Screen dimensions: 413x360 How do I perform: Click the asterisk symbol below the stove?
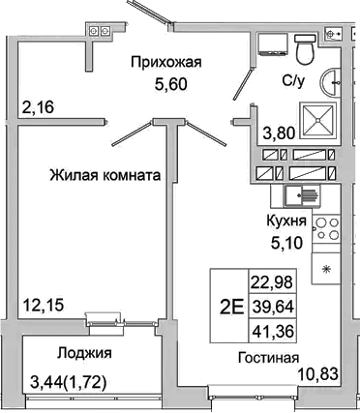pos(326,268)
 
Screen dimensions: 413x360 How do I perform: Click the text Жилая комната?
pos(105,175)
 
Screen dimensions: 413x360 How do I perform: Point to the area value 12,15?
pos(42,307)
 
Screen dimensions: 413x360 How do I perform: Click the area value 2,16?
pos(39,106)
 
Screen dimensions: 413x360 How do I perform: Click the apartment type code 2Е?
pos(230,309)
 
